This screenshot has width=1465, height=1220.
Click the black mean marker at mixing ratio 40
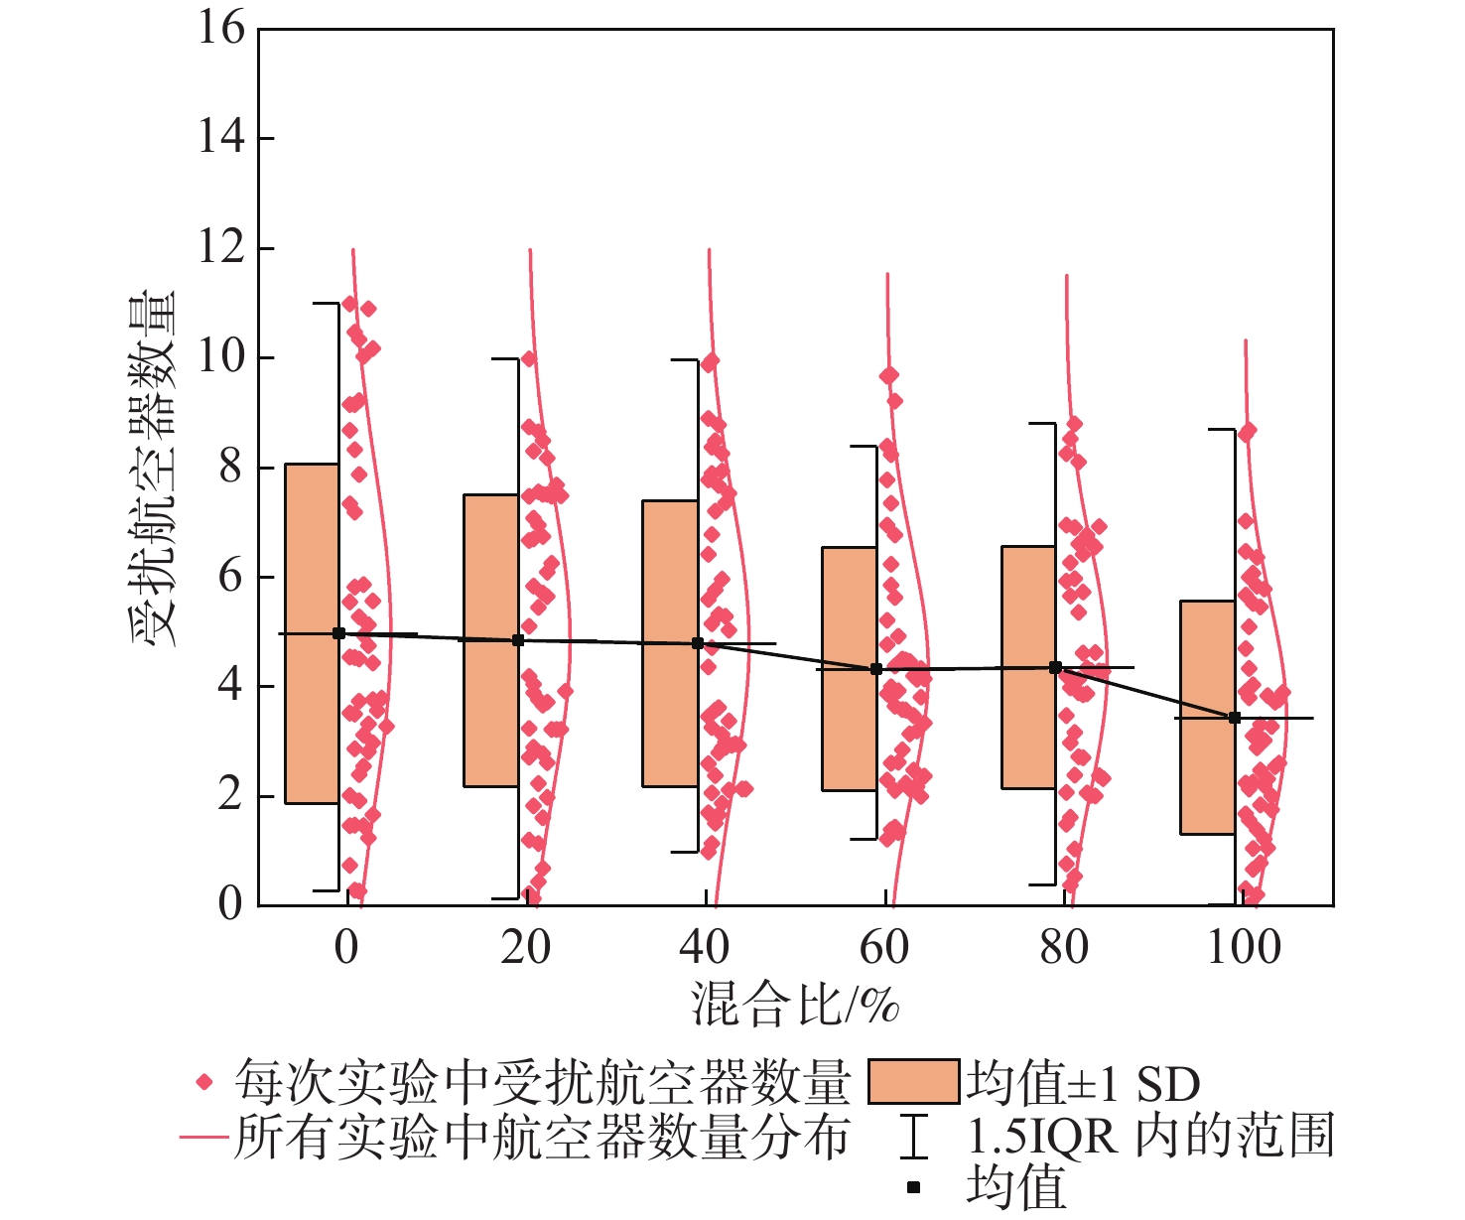pos(698,643)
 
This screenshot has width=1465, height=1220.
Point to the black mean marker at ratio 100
pos(1235,718)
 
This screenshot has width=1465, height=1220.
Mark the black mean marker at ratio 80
pos(1056,668)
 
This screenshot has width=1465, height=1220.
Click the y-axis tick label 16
pos(220,28)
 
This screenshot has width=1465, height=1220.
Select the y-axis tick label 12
pos(220,247)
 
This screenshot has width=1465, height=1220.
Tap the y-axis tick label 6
pos(230,577)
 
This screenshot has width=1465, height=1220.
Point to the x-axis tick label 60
pos(883,947)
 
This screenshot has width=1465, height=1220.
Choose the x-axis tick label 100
pos(1244,947)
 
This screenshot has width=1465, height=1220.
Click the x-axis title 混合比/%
pos(795,1005)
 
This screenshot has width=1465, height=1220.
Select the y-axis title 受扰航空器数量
pos(153,468)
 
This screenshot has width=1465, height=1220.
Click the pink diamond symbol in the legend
pos(205,1082)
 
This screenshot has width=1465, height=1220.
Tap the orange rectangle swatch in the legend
pos(913,1082)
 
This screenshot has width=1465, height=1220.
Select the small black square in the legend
pos(914,1187)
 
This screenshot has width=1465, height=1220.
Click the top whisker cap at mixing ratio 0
pos(327,303)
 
